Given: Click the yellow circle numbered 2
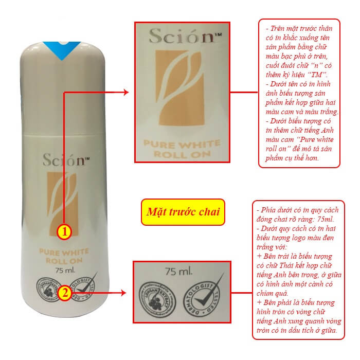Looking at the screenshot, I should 65,294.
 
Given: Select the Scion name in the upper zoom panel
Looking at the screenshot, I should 175,37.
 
